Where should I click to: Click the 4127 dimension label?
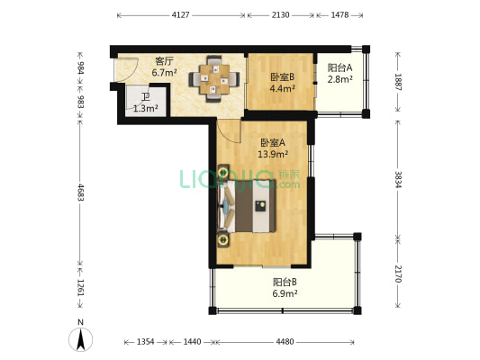(181, 15)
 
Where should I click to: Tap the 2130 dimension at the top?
(280, 15)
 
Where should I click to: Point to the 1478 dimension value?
(340, 15)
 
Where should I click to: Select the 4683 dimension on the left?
(80, 192)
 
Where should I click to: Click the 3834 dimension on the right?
(398, 179)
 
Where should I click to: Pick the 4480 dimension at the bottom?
(285, 342)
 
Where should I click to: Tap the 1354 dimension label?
(145, 342)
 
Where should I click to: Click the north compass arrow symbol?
(80, 339)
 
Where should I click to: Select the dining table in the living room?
(214, 79)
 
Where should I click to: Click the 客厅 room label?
(164, 61)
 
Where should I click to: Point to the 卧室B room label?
(282, 76)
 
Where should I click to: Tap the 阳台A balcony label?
(340, 67)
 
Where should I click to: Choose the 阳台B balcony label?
(285, 282)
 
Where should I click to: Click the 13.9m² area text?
(273, 154)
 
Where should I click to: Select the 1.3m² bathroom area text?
(146, 108)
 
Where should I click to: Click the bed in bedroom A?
(247, 206)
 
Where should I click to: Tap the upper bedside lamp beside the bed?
(223, 172)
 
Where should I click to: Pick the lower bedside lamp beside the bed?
(223, 239)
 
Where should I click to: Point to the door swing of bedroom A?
(229, 130)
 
